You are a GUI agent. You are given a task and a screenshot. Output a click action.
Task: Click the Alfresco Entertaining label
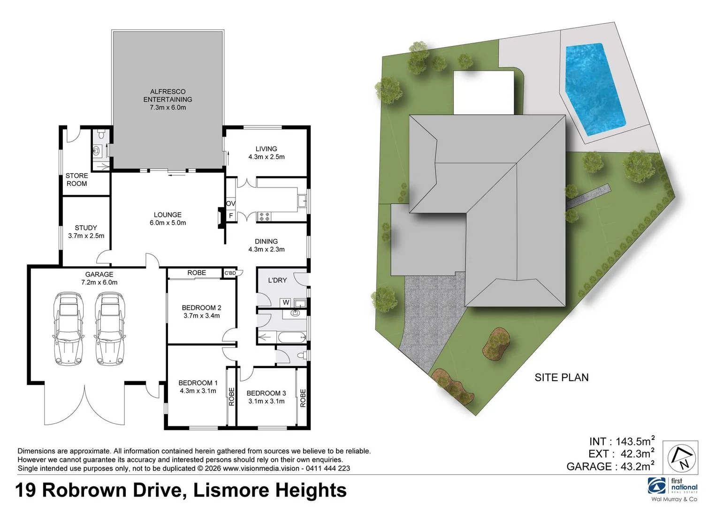click(x=168, y=99)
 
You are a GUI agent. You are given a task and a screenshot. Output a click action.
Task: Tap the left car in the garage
click(x=69, y=329)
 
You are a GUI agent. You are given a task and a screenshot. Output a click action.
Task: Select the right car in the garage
click(x=110, y=329)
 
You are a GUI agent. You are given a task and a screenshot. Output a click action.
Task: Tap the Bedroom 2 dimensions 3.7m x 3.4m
click(x=201, y=316)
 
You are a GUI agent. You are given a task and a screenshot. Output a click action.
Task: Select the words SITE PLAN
click(x=561, y=377)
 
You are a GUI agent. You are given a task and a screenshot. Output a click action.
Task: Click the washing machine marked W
click(x=286, y=302)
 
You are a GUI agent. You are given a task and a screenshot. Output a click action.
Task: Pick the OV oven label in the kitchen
click(x=230, y=203)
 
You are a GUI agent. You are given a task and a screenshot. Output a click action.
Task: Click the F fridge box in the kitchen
click(x=230, y=215)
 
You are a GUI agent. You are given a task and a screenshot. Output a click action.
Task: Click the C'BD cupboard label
click(x=230, y=273)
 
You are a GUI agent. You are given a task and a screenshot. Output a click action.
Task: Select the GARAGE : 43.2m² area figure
click(x=610, y=466)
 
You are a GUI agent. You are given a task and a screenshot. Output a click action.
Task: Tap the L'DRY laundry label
click(x=277, y=280)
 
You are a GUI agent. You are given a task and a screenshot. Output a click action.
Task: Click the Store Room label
click(x=76, y=179)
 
